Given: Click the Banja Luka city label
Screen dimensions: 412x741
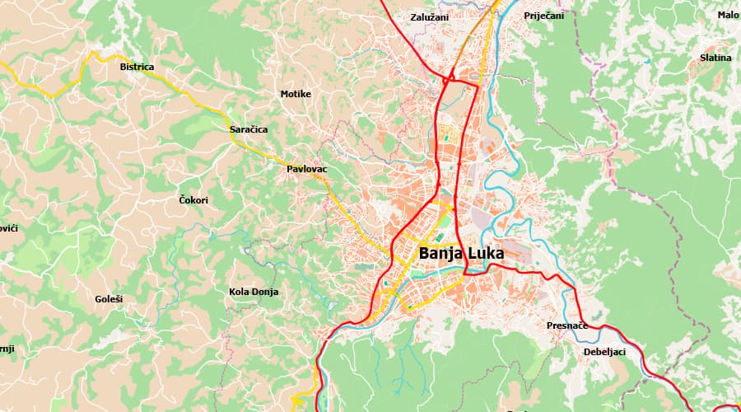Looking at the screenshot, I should [460, 253].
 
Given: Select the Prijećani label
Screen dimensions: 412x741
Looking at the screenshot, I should [543, 16].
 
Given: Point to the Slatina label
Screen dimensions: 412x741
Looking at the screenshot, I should [715, 58].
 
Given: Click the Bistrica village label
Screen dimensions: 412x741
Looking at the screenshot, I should [137, 67].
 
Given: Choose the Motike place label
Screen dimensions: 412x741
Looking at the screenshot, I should [296, 94].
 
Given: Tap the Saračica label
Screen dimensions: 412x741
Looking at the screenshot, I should [248, 129].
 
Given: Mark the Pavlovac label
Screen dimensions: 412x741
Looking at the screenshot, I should [306, 169].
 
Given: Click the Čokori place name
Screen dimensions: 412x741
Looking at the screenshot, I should [193, 200].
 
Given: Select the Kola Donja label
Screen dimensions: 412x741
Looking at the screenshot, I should [254, 292].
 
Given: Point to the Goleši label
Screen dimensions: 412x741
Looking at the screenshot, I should [109, 298].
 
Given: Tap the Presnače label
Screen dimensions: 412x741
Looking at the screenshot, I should [566, 325].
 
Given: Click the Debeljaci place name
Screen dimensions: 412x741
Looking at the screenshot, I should [604, 352].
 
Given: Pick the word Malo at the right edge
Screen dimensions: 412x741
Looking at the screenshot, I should [728, 15].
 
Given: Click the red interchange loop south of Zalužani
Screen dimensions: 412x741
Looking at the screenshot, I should [450, 79].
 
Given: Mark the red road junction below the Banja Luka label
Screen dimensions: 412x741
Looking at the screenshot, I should [466, 274].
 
